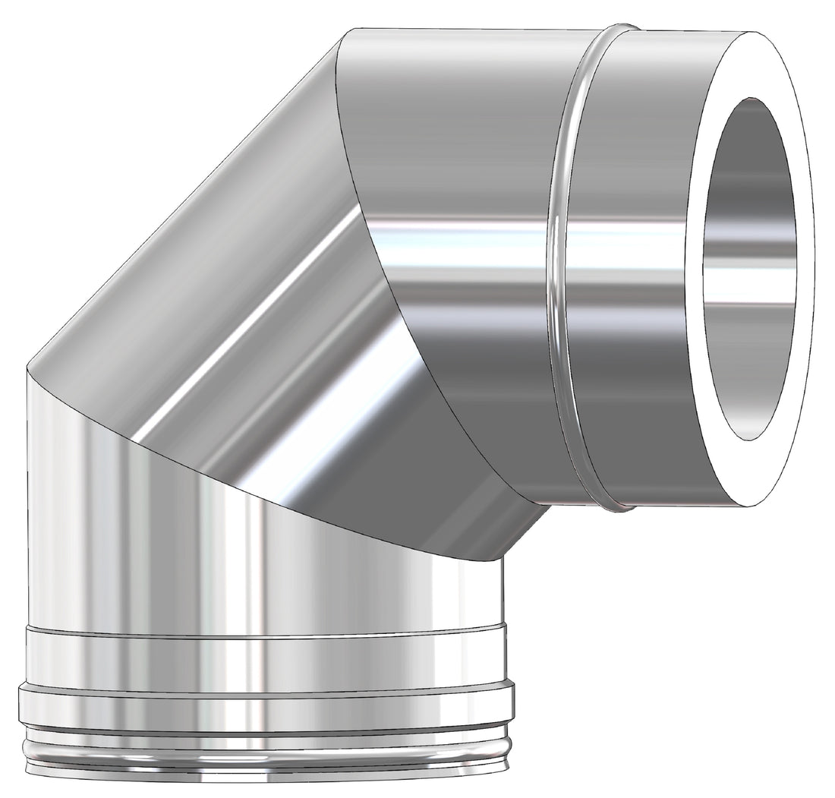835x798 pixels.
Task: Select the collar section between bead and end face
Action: click(630, 342)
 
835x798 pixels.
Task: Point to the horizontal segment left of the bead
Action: click(455, 152)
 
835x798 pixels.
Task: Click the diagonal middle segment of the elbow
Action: click(228, 304)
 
